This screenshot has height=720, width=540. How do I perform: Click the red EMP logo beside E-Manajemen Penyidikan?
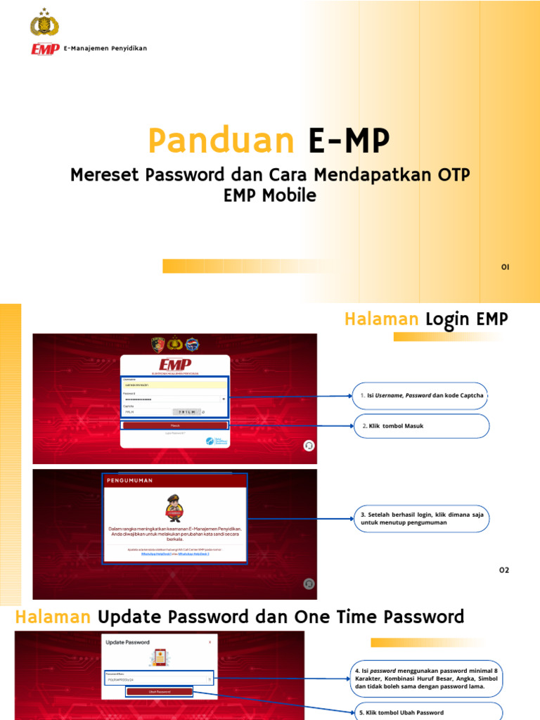pos(45,49)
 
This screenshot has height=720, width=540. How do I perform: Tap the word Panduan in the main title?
pos(220,141)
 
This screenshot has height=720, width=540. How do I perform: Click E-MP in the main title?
pos(348,141)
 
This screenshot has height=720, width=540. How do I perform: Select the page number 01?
pos(505,267)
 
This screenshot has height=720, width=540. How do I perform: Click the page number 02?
pos(503,570)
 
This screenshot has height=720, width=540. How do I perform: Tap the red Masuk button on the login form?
pos(175,425)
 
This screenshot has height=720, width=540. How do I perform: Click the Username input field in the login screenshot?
pos(175,385)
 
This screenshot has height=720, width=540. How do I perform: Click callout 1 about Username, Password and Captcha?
pos(421,396)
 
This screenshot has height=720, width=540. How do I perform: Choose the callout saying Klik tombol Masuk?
pos(421,426)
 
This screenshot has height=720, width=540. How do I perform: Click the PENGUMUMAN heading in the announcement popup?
pos(130,480)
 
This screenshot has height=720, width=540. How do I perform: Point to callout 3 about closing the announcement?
pos(421,519)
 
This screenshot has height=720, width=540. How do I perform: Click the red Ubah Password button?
pos(160,692)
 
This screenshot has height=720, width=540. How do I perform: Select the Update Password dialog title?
pos(127,642)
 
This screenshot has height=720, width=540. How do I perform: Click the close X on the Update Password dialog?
pos(210,642)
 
